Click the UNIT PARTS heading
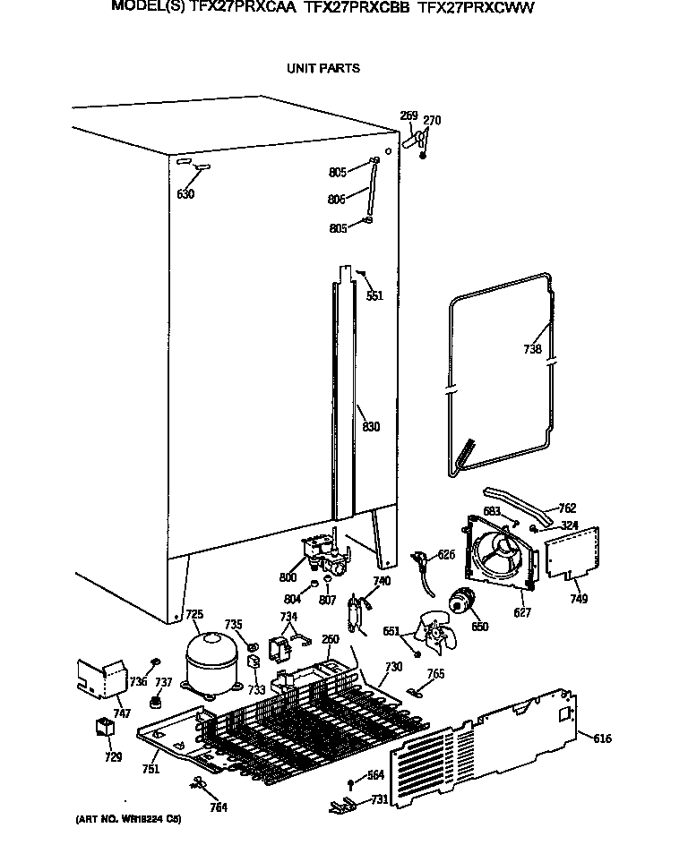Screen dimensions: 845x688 (x=322, y=68)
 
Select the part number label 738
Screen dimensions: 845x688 (x=533, y=349)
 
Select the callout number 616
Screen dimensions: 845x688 (x=603, y=738)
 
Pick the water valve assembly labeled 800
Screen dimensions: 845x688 (x=320, y=553)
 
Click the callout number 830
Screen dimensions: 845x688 (x=371, y=427)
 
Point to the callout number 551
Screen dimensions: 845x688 (x=374, y=295)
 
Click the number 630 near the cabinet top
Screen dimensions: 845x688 (x=185, y=194)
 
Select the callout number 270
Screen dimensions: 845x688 (x=432, y=121)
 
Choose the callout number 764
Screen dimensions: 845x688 (x=219, y=807)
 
